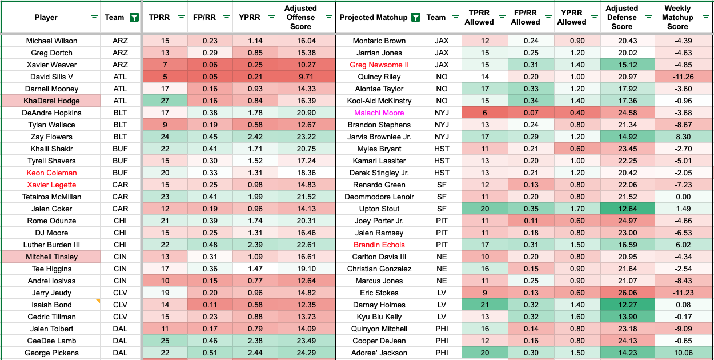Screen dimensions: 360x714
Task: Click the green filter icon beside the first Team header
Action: pos(134,17)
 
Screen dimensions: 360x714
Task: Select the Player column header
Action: pos(46,17)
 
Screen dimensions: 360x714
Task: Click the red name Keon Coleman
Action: pos(51,173)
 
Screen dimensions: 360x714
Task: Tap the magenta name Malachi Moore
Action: pos(379,113)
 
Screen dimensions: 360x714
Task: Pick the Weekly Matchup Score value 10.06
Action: pos(677,353)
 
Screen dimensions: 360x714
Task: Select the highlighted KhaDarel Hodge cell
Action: pos(51,101)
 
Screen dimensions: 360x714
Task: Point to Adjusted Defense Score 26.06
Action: pos(622,293)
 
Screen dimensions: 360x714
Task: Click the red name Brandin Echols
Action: pos(379,245)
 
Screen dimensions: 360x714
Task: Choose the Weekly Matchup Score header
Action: pos(677,17)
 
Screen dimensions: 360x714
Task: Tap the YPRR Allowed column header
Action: pos(572,17)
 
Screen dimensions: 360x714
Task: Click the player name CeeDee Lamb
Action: pos(51,341)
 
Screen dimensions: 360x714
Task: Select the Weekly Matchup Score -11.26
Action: pos(677,77)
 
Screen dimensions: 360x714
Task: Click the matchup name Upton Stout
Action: pos(379,209)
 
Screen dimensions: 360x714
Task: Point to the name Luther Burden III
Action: pos(51,245)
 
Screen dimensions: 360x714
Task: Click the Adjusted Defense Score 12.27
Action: pos(622,305)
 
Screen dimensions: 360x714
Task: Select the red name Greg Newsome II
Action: pos(379,65)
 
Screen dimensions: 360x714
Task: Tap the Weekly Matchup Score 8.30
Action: pos(677,137)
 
